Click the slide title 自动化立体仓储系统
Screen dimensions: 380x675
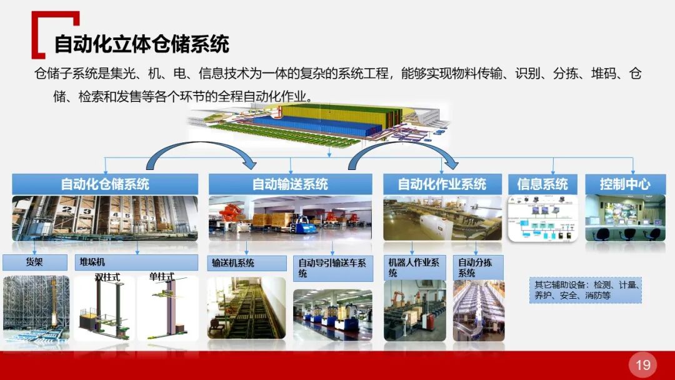point(142,44)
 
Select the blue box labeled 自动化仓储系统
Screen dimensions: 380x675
point(105,184)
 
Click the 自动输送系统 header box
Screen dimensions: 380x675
point(290,184)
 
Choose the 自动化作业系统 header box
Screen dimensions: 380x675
point(442,184)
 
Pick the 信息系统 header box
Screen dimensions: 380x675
point(542,184)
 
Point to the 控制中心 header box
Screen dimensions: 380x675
point(625,184)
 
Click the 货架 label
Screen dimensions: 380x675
point(35,262)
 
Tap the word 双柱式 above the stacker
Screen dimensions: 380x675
point(107,277)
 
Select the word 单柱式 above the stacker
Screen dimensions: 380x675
point(161,277)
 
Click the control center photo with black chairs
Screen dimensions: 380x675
point(626,219)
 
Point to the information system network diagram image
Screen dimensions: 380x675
point(542,219)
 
